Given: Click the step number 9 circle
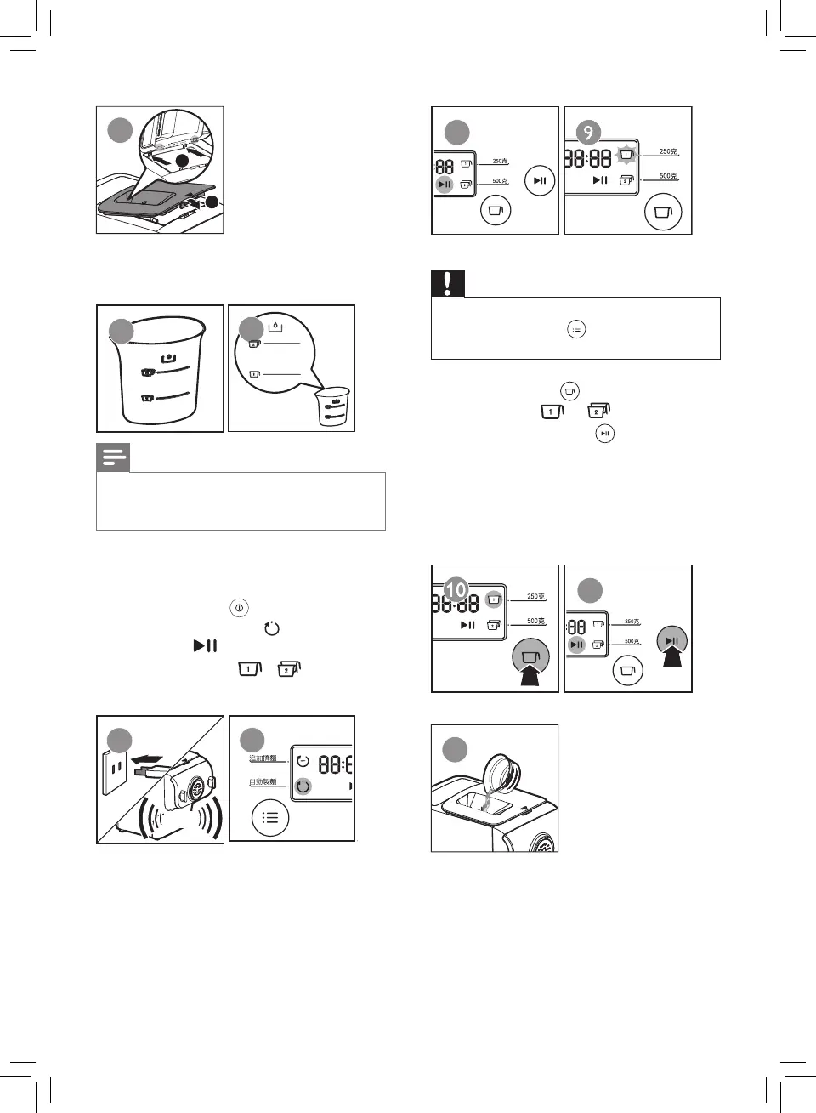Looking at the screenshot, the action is tap(588, 133).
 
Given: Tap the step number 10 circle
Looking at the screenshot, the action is tap(456, 588).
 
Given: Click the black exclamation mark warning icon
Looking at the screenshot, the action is tap(448, 283).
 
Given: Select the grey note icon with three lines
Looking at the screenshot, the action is tap(113, 458).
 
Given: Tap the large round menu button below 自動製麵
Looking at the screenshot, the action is tap(270, 818).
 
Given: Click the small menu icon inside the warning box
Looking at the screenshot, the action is tap(576, 329).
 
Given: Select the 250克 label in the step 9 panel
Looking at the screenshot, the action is tap(668, 152).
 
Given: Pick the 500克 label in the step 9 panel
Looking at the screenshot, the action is tap(668, 176).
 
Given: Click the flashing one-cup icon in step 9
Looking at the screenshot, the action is tap(626, 156).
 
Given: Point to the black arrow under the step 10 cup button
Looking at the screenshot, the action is tap(532, 678).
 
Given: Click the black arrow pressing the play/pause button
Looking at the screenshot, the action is tap(672, 656).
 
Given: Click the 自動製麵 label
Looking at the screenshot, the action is tap(263, 781).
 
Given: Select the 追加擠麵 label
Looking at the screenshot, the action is tap(263, 758).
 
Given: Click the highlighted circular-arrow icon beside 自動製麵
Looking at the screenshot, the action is tap(303, 786).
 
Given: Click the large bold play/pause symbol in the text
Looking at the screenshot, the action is tap(205, 646).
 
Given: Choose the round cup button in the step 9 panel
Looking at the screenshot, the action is tap(663, 212).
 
